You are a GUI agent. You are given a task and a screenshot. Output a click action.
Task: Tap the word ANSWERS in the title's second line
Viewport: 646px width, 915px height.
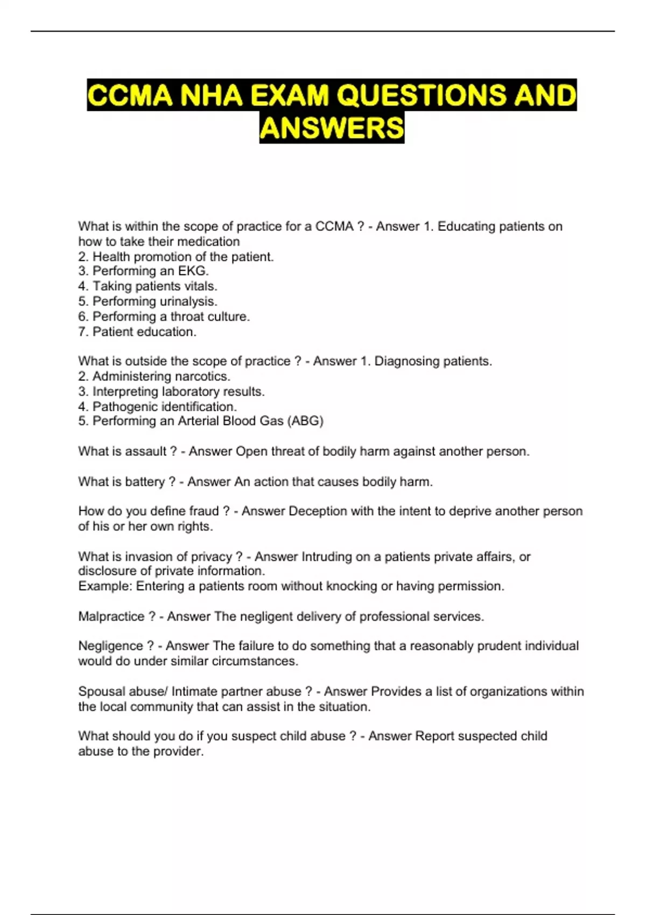(332, 128)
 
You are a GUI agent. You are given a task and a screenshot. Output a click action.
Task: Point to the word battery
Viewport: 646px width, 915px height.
(145, 482)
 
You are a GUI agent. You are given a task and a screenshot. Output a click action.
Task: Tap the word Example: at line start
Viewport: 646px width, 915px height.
(105, 586)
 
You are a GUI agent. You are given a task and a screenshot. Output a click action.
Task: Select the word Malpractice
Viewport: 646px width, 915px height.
(111, 616)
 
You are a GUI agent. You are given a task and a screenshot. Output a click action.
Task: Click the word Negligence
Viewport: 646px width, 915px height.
(111, 646)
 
